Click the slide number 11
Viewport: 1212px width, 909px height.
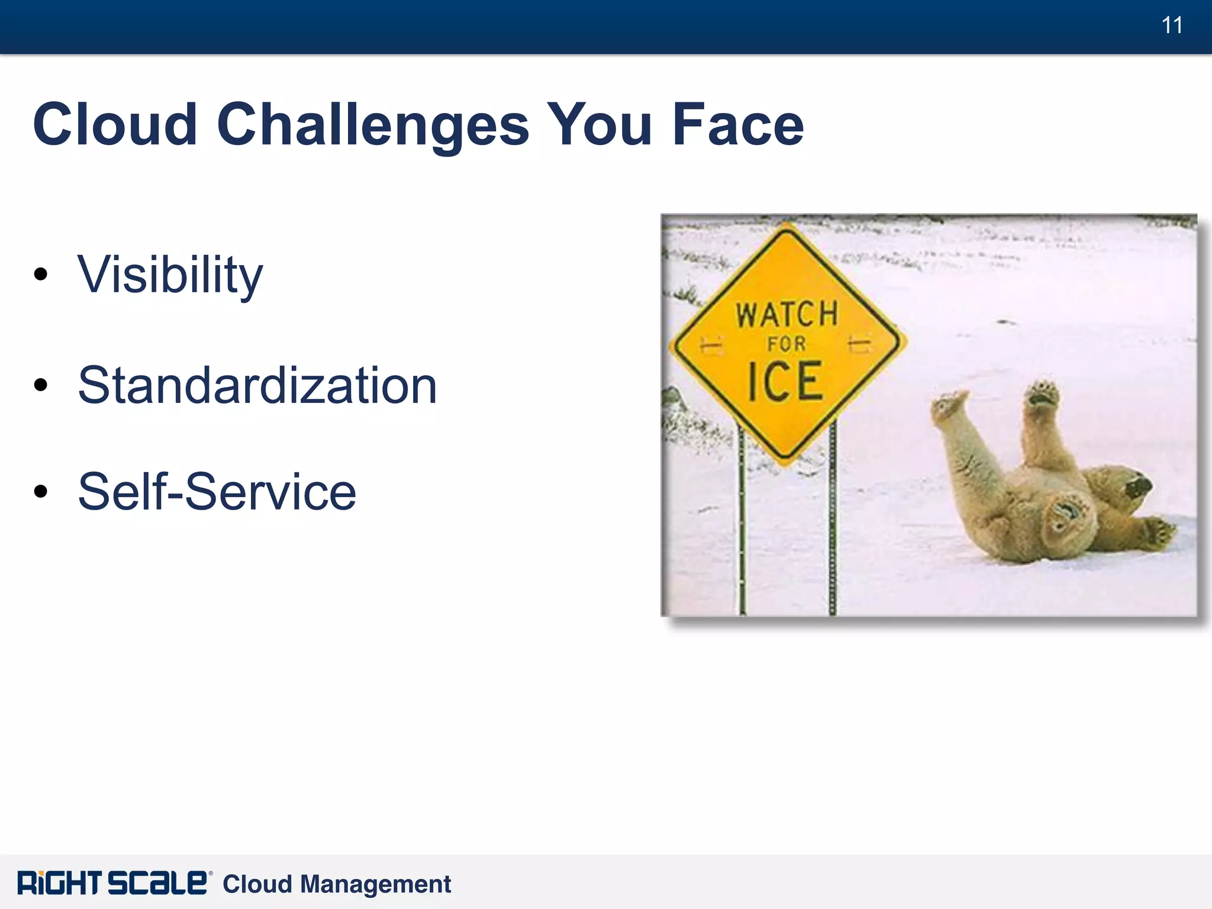tap(1172, 25)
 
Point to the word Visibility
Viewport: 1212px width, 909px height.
tap(170, 275)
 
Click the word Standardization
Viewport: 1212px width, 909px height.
tap(257, 386)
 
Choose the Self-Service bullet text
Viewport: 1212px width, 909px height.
tap(217, 492)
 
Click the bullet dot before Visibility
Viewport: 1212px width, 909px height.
tap(40, 274)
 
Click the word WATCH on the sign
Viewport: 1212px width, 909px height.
tap(786, 314)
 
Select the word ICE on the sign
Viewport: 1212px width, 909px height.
tap(785, 382)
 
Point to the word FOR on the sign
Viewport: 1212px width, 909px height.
tap(786, 344)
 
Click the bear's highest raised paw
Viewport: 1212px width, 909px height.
tap(1043, 394)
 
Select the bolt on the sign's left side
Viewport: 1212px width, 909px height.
tap(712, 345)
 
